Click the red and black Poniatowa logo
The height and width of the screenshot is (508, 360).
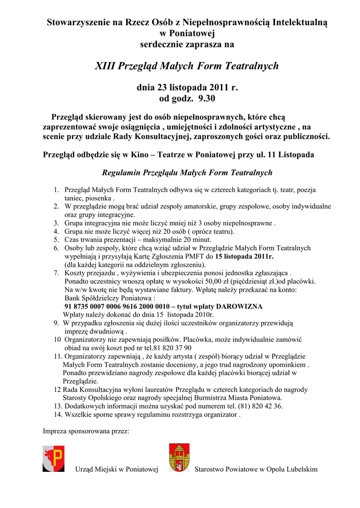(54, 458)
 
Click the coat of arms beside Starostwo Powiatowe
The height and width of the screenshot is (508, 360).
(179, 457)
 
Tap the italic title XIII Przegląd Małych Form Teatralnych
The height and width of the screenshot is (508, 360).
(187, 65)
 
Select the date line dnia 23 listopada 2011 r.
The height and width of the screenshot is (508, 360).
(187, 88)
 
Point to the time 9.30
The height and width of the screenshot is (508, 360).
(207, 98)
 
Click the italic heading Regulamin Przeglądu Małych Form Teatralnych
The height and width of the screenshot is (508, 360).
(187, 173)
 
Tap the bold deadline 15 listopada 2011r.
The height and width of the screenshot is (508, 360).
(244, 256)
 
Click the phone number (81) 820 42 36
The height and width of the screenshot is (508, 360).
(260, 406)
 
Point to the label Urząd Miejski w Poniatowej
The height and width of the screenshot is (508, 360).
(116, 469)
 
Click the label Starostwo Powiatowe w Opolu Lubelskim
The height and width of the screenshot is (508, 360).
(256, 469)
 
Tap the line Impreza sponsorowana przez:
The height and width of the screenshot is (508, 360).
(86, 431)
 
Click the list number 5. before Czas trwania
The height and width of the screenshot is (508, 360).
(57, 240)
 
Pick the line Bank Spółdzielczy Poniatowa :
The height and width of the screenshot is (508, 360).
(110, 298)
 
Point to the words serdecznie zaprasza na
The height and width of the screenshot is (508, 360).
(187, 44)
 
